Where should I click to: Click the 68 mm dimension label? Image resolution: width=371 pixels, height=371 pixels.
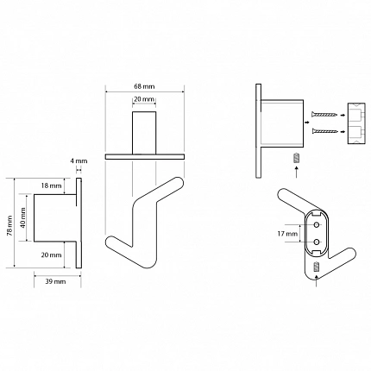[144, 86]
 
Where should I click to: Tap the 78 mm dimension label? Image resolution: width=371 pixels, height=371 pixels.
[10, 225]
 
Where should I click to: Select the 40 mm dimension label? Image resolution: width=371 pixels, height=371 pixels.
[23, 217]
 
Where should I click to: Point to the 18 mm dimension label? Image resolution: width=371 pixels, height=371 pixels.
[51, 185]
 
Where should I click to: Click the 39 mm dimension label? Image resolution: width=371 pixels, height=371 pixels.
[55, 281]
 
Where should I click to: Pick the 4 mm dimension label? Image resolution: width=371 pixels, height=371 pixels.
[79, 161]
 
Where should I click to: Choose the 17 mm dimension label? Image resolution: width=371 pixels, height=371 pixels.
[287, 234]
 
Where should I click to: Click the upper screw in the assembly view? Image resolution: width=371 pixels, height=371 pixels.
[324, 115]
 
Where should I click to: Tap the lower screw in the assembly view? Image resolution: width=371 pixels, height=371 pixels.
[324, 131]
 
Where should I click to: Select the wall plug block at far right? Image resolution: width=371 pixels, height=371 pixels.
[356, 123]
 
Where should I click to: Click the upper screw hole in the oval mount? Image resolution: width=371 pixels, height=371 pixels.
[317, 224]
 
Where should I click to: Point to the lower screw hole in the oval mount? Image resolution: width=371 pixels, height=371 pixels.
[317, 242]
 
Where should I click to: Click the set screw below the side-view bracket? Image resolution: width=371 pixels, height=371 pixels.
[296, 158]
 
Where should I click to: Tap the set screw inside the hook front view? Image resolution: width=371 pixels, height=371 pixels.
[317, 267]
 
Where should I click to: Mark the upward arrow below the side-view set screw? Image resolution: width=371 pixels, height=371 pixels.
[296, 172]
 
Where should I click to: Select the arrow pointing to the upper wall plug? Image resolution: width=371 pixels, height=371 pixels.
[343, 115]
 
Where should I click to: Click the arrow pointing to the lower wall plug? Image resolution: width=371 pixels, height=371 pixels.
[343, 131]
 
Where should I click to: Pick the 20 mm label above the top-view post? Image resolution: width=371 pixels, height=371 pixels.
[144, 99]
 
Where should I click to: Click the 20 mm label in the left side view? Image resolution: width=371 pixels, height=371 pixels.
[51, 255]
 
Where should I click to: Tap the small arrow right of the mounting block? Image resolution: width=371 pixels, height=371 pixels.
[307, 123]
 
